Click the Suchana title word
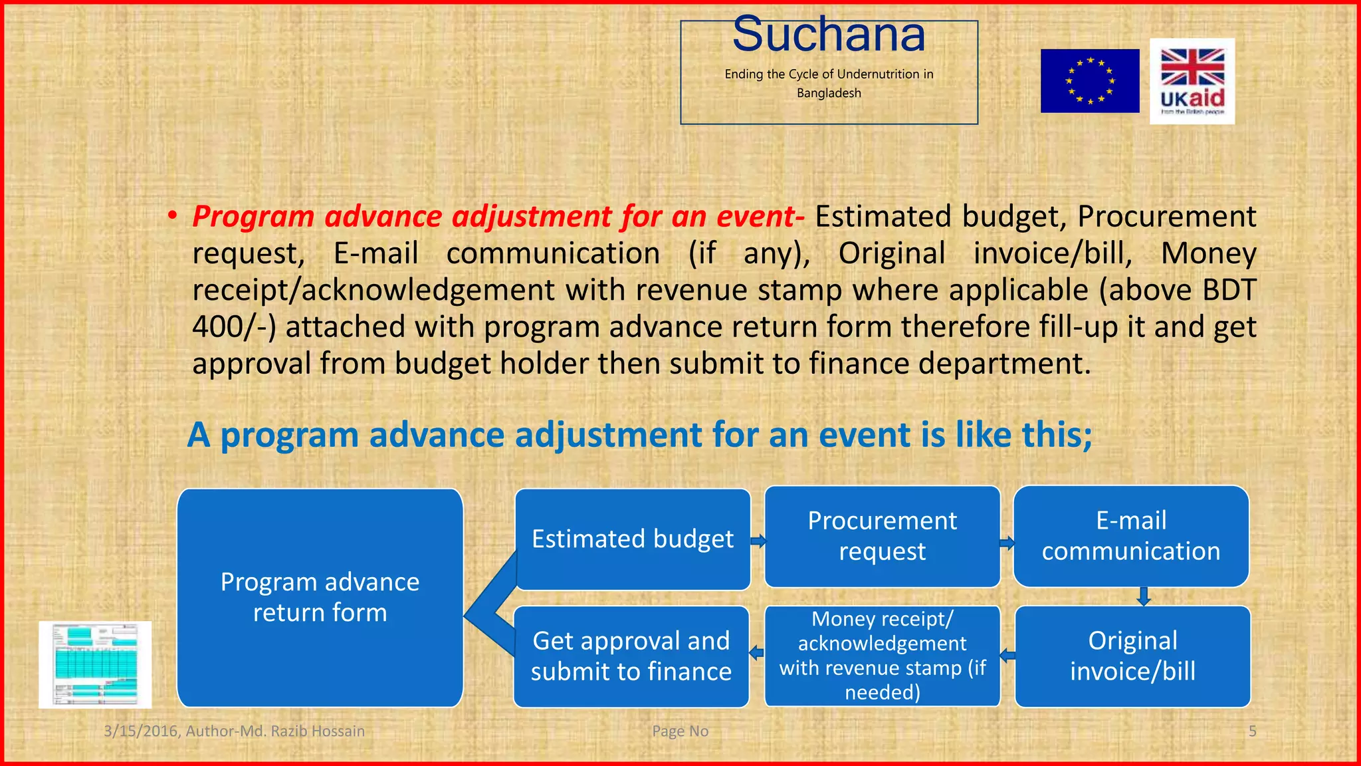click(x=829, y=35)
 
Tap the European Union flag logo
click(x=1089, y=80)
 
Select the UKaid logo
click(x=1192, y=81)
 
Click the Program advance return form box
click(x=320, y=597)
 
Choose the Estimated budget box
click(x=632, y=539)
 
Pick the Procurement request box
click(x=882, y=536)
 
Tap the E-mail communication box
click(x=1130, y=536)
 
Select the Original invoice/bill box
click(x=1132, y=656)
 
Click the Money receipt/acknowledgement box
click(x=882, y=656)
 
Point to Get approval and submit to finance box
click(x=631, y=656)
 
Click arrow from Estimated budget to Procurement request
click(x=758, y=541)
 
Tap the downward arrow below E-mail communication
click(x=1144, y=596)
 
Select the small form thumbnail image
click(x=95, y=664)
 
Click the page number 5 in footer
click(x=1252, y=731)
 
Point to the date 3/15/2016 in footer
click(x=140, y=731)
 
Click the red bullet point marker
click(x=172, y=216)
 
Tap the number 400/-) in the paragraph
click(x=233, y=327)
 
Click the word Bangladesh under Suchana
click(x=829, y=93)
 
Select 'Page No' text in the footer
click(x=680, y=731)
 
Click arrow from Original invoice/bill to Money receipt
click(x=1007, y=656)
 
